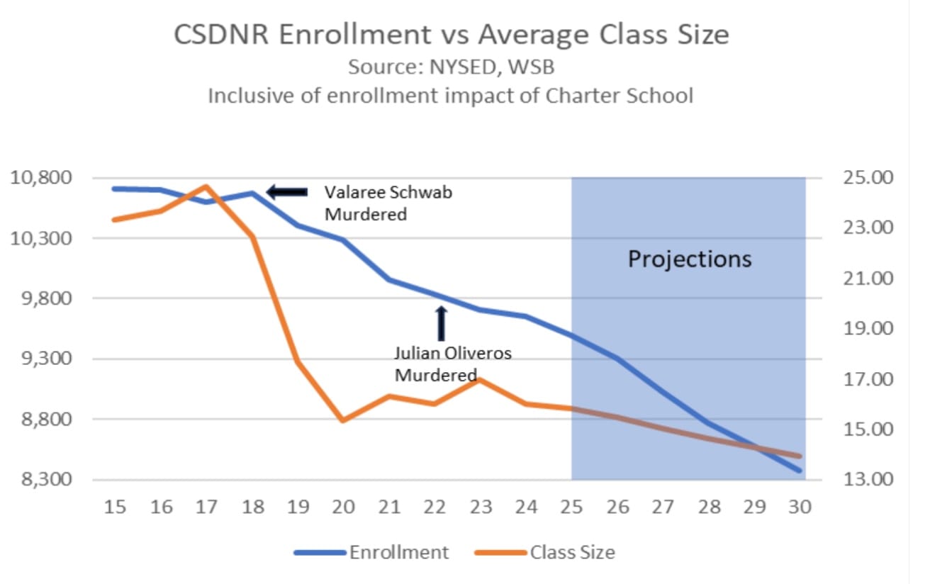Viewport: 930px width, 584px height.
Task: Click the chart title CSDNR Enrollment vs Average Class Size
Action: pos(452,35)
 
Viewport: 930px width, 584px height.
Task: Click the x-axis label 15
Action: pos(116,507)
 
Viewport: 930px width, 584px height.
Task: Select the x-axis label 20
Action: pos(344,507)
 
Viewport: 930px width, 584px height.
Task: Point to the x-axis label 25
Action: pos(572,507)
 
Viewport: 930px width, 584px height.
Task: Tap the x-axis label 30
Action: pos(800,507)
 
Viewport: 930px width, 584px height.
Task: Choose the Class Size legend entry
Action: pos(571,553)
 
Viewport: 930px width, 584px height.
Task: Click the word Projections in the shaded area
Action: pos(690,259)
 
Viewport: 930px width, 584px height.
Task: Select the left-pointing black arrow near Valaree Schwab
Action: pos(287,191)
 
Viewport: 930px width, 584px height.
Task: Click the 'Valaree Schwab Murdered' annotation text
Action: pos(387,203)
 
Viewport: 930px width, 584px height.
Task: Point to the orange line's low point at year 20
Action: pos(344,420)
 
